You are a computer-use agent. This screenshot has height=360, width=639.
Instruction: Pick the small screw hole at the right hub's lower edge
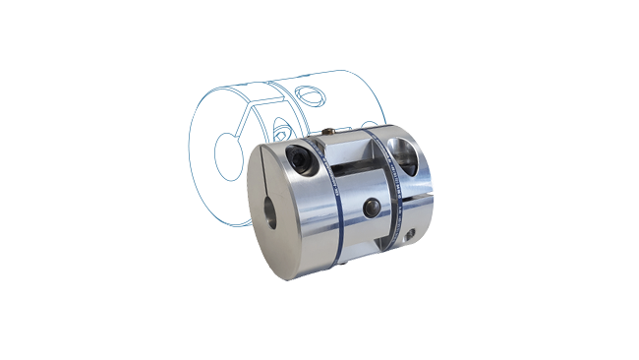tap(411, 234)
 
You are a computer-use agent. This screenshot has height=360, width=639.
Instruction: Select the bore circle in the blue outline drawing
tap(228, 155)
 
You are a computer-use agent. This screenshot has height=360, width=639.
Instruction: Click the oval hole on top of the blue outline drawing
tap(313, 94)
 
